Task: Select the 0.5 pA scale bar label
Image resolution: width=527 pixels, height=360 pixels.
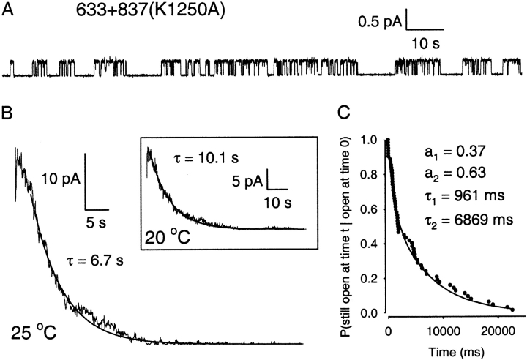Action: (380, 22)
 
